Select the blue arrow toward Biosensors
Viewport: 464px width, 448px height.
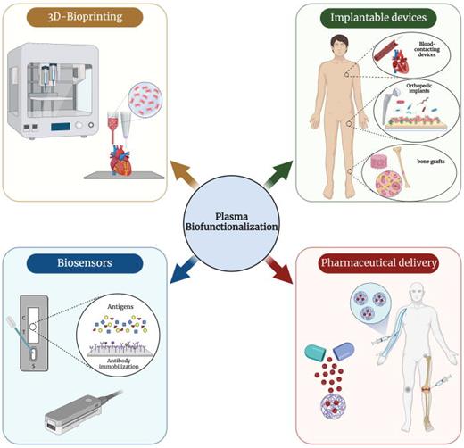[179, 273]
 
